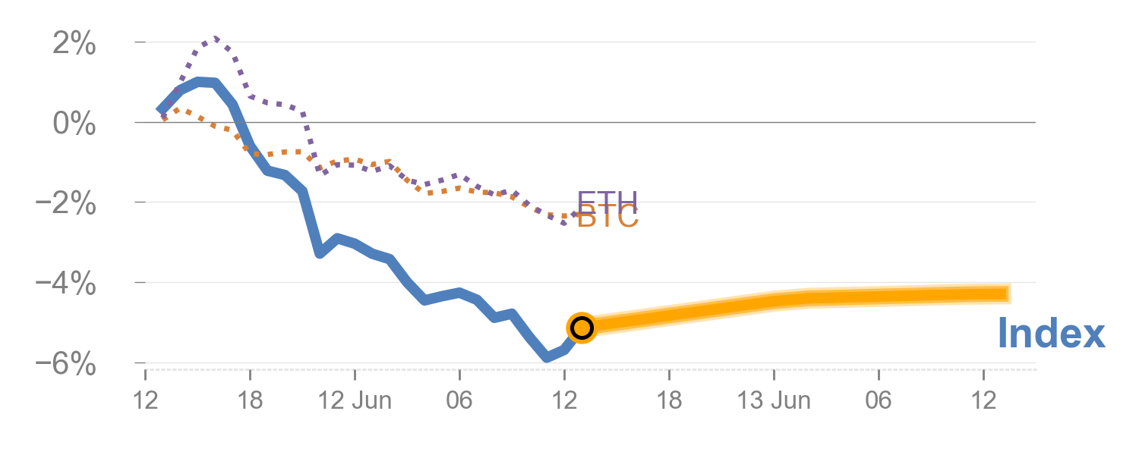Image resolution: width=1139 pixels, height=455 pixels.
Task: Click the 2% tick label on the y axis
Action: pyautogui.click(x=74, y=45)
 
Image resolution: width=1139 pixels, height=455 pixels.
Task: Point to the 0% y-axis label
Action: pyautogui.click(x=74, y=124)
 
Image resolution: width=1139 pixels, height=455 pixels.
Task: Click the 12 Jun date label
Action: pyautogui.click(x=355, y=400)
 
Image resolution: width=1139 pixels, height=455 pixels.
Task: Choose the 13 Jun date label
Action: pyautogui.click(x=774, y=400)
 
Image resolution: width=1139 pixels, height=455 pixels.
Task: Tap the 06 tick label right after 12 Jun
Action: pyautogui.click(x=459, y=400)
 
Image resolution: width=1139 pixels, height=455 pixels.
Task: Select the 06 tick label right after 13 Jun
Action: pyautogui.click(x=879, y=400)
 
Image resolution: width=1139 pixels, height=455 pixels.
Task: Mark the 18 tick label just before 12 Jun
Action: pyautogui.click(x=250, y=400)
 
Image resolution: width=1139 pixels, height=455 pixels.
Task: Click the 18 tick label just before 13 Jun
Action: pyautogui.click(x=669, y=400)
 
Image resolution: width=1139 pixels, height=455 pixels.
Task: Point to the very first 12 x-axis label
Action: pyautogui.click(x=145, y=400)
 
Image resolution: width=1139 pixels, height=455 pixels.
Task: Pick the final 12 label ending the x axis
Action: pyautogui.click(x=983, y=400)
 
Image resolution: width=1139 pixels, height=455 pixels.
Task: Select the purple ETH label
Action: pyautogui.click(x=607, y=202)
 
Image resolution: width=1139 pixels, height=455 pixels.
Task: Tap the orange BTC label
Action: pyautogui.click(x=608, y=218)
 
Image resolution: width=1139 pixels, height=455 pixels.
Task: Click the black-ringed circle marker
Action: pyautogui.click(x=581, y=328)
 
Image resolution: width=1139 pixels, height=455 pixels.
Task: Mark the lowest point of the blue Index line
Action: pyautogui.click(x=546, y=356)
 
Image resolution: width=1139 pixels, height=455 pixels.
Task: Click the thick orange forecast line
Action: pyautogui.click(x=797, y=300)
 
